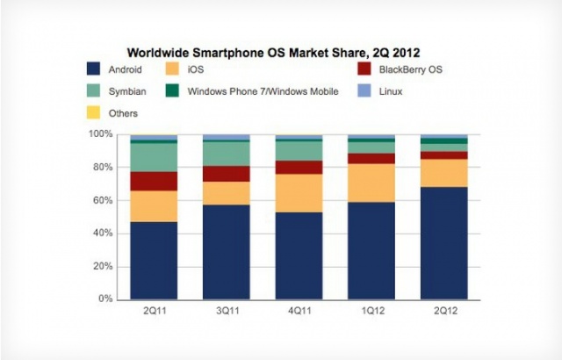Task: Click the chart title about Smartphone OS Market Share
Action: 273,52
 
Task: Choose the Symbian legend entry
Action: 119,90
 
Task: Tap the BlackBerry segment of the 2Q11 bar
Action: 154,181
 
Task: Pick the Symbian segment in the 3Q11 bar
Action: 226,154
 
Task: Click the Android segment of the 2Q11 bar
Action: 154,260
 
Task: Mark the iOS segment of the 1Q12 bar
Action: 371,183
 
